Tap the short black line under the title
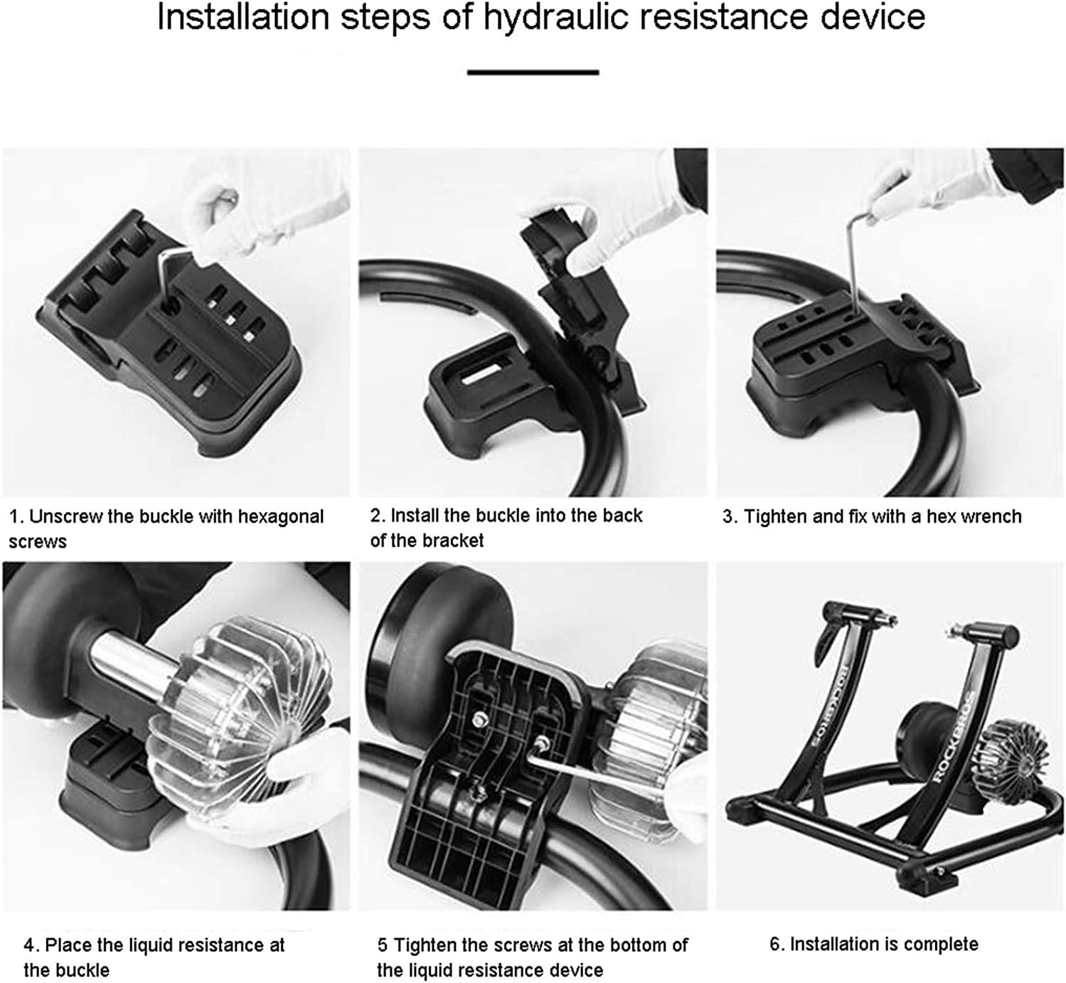[533, 72]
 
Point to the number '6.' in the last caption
[777, 945]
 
